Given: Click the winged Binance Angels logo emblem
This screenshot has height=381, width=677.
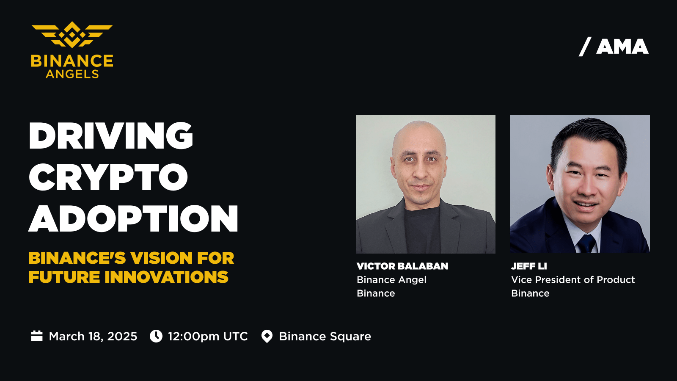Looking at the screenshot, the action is pos(72,34).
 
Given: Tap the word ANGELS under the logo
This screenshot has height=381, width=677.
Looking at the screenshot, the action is pos(72,74).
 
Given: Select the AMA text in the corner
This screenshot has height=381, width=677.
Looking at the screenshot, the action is pos(622,47).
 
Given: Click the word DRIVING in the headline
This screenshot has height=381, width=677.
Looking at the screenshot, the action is pos(111,135).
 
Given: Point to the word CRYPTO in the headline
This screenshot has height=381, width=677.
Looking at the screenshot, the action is pos(108,177).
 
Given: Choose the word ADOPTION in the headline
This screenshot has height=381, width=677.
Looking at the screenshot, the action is pos(133,218).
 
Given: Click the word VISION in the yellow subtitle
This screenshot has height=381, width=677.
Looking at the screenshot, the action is pos(161,258).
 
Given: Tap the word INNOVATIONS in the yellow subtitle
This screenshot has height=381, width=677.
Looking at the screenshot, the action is pos(167,277).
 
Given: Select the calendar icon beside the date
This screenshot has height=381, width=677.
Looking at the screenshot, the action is pos(37,336).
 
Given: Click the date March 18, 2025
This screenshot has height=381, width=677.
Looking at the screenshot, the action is pos(93,336).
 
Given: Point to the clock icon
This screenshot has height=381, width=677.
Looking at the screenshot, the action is pos(156,336).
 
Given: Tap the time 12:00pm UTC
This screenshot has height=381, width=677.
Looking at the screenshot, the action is pos(208,336).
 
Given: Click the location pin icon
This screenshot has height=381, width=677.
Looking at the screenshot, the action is pos(267,336).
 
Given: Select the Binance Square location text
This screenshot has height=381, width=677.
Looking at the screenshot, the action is pos(325,337).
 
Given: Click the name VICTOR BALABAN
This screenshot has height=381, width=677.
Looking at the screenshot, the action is pos(402,266).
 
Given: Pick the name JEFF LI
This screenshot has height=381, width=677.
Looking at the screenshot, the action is pos(529,266).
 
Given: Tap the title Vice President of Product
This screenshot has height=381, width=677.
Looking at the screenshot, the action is pos(573,280).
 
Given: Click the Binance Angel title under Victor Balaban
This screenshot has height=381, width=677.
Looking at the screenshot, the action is pos(392,280).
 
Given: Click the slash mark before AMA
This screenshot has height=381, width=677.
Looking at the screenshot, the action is pos(585,47).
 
